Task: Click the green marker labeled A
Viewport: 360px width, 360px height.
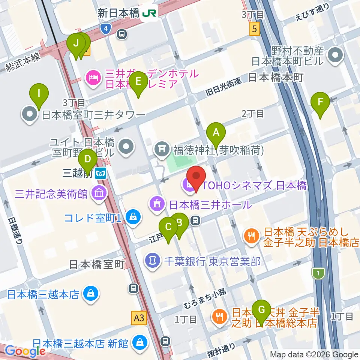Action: [216, 133]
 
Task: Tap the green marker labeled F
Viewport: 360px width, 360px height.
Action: [321, 102]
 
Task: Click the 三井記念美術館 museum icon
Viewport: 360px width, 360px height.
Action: [100, 194]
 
